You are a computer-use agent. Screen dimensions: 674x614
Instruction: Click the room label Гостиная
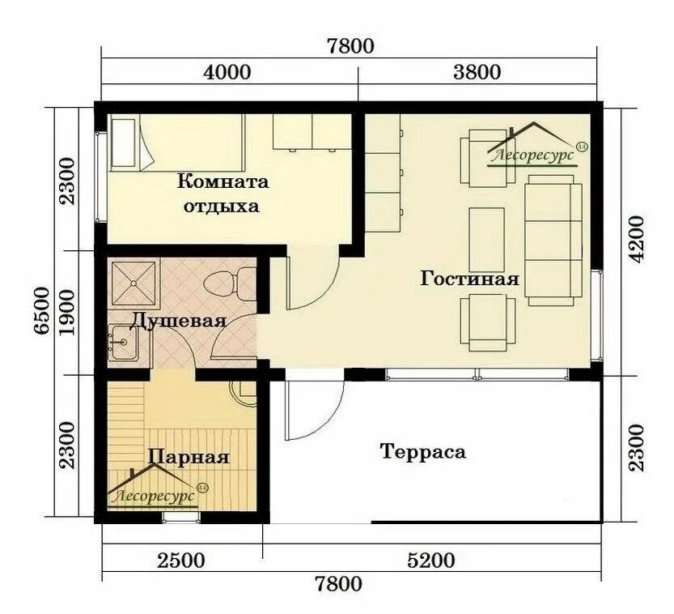[x=469, y=279]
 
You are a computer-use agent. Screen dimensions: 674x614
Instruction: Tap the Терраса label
[x=423, y=452]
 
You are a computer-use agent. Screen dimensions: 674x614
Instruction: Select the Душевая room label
[x=177, y=321]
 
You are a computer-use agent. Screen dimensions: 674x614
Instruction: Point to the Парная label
[x=189, y=457]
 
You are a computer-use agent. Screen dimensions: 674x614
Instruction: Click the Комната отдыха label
[x=223, y=194]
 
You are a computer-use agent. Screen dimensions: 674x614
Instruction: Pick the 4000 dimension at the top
[x=227, y=72]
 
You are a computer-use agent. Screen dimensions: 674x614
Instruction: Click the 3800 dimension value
[x=477, y=72]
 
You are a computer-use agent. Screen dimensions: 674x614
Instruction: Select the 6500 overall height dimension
[x=43, y=310]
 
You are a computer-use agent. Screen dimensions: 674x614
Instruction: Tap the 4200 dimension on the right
[x=636, y=239]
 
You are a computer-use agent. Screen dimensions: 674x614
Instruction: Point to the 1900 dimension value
[x=68, y=312]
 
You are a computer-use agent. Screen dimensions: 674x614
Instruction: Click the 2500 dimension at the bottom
[x=181, y=561]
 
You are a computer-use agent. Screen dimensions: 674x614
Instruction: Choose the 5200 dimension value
[x=430, y=561]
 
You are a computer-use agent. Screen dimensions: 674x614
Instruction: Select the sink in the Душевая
[x=123, y=343]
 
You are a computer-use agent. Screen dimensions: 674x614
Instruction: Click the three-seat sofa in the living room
[x=553, y=240]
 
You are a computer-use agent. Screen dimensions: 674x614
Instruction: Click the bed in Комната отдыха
[x=176, y=143]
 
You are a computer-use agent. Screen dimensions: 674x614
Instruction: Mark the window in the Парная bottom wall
[x=181, y=518]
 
